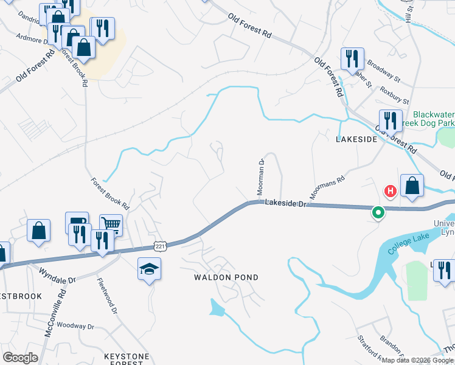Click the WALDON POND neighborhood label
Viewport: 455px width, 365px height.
[x=226, y=277]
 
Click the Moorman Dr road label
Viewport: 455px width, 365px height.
[x=260, y=177]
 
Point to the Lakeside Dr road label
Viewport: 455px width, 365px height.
[x=284, y=205]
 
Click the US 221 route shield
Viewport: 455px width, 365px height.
[x=159, y=245]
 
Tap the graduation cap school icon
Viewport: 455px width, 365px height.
[x=148, y=269]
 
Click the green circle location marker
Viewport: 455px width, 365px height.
[x=378, y=213]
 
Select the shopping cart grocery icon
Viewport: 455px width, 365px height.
[x=111, y=224]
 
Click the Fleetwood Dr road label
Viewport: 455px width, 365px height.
[x=106, y=296]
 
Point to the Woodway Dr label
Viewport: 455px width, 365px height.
[x=77, y=326]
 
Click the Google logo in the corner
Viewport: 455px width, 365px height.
[x=20, y=358]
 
